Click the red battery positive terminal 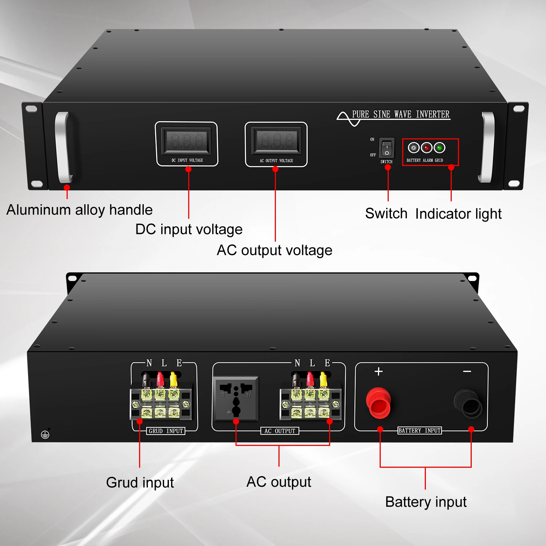click(378, 403)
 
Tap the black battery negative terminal click(468, 403)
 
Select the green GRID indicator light click(439, 148)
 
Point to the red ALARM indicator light click(427, 148)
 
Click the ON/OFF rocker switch click(387, 148)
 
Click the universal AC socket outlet click(236, 398)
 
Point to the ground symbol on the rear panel click(45, 434)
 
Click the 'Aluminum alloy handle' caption click(79, 210)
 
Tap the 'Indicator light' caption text click(458, 214)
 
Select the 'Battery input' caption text click(426, 502)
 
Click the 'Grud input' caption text click(140, 483)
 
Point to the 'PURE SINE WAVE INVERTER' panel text click(401, 114)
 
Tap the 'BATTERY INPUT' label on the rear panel click(420, 431)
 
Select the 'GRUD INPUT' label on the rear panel click(166, 431)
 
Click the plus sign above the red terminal click(379, 371)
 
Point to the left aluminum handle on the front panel click(63, 147)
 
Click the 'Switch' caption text click(386, 214)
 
